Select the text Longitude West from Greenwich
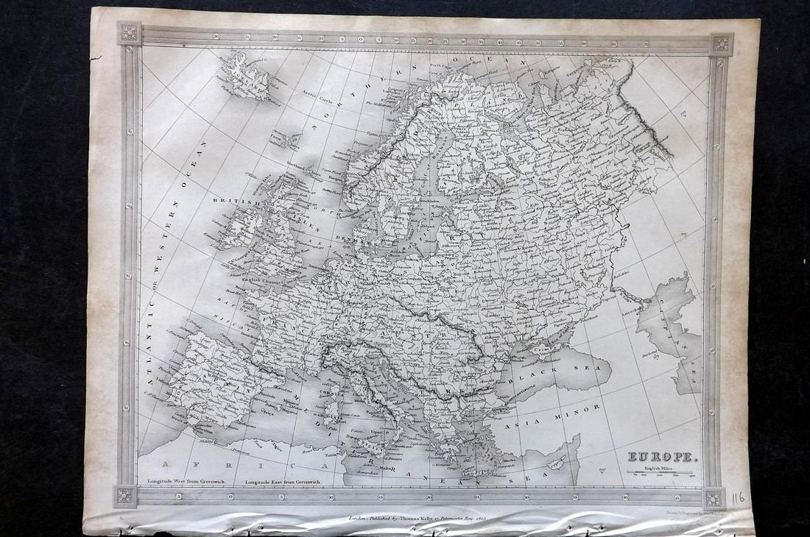tap(184, 481)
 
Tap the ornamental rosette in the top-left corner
tap(130, 32)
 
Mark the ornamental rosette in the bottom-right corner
tap(714, 498)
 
